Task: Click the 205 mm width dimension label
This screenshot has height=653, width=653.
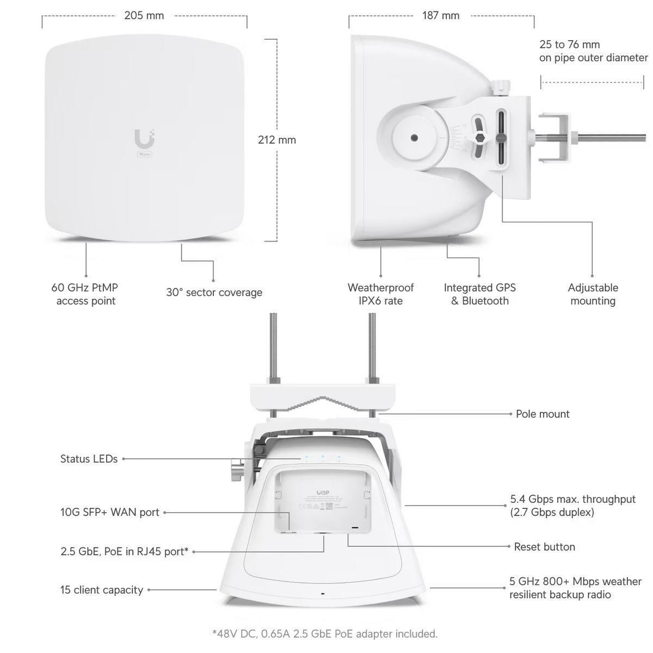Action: [x=144, y=15]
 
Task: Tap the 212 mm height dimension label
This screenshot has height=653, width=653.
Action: [x=276, y=140]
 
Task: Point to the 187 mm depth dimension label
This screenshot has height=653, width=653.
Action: [x=441, y=15]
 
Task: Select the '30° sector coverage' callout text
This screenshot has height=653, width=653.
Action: [x=214, y=292]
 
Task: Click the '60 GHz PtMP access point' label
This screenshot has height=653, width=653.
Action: [x=85, y=294]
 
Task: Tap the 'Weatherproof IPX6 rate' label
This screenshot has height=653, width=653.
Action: [x=380, y=294]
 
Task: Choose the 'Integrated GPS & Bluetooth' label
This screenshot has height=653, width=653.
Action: [x=479, y=294]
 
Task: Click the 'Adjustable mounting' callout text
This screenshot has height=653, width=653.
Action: [x=593, y=294]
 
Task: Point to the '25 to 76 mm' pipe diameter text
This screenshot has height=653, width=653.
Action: [x=569, y=45]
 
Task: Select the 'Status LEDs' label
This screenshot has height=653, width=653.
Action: [x=89, y=459]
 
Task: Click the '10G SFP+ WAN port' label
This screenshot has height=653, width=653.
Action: [x=109, y=512]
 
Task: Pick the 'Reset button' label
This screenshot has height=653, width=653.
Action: [x=544, y=546]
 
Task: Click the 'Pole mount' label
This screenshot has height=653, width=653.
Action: [x=543, y=414]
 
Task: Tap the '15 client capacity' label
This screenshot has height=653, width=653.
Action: [x=101, y=590]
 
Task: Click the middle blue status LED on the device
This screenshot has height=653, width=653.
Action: [x=323, y=458]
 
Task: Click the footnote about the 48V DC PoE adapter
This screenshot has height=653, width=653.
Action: [x=324, y=633]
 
